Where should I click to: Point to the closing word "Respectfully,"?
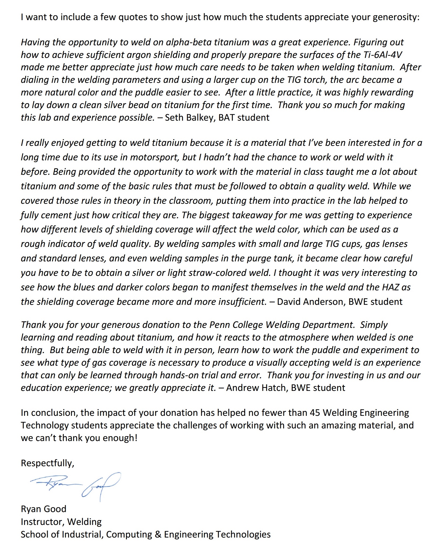click(x=47, y=463)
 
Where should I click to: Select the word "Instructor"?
click(x=42, y=522)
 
